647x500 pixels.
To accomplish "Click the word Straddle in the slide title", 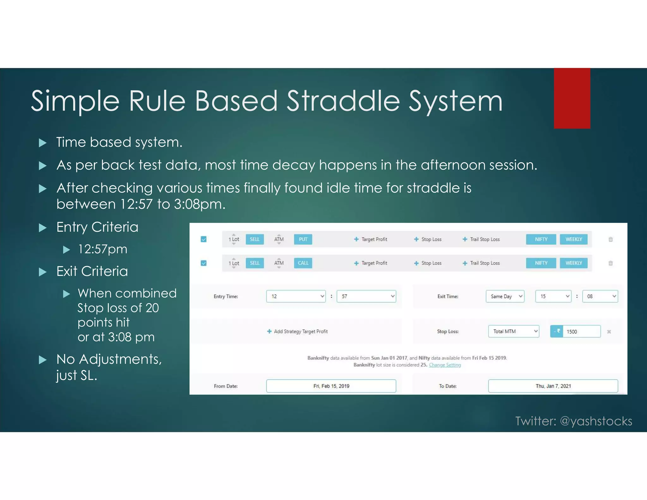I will (343, 101).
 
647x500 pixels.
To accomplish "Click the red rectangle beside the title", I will (572, 98).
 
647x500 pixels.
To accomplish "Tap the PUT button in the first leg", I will (303, 239).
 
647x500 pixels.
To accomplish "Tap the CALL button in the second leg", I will (303, 263).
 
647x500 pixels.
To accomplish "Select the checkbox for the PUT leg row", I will (204, 239).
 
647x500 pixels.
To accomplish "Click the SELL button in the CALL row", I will (254, 263).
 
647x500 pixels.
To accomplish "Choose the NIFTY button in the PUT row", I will (541, 239).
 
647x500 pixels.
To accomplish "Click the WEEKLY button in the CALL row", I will (573, 263).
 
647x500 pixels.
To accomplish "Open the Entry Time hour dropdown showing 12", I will (296, 296).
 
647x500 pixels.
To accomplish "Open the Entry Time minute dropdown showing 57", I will (366, 296).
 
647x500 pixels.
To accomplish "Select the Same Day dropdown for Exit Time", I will (505, 296).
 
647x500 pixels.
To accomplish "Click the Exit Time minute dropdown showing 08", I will (600, 296).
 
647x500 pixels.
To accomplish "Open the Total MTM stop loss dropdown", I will (513, 331).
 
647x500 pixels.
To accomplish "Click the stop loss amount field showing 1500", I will (581, 332).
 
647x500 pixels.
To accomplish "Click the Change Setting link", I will (444, 365).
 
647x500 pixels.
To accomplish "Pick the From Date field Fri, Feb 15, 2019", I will (331, 386).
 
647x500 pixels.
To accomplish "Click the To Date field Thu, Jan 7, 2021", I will (553, 386).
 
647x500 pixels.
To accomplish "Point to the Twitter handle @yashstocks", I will (596, 421).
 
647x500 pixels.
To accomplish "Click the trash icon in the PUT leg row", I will (610, 239).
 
